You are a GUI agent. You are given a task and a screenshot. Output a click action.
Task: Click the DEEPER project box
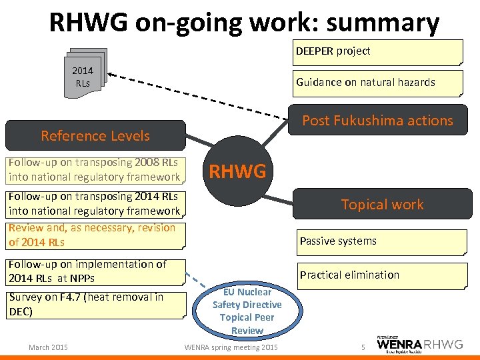click(377, 52)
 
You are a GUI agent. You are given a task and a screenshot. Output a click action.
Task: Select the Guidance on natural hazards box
click(377, 83)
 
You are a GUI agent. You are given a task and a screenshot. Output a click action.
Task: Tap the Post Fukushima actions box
click(377, 121)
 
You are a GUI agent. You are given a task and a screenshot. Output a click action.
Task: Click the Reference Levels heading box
click(95, 136)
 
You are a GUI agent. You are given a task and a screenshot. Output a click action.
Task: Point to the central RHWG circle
click(238, 172)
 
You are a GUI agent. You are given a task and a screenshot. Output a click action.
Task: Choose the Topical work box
click(382, 205)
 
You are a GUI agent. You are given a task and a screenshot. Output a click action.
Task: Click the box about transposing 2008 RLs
click(95, 170)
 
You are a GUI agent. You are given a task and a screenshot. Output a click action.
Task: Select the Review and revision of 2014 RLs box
click(95, 235)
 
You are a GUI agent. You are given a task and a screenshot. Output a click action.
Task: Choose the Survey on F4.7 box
click(95, 304)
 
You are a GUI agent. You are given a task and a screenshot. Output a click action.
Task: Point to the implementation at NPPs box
click(95, 271)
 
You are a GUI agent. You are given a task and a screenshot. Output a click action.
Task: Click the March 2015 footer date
click(48, 347)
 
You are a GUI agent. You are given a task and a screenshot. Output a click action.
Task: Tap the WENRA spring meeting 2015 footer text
click(231, 347)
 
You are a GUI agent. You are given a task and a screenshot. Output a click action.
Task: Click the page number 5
click(363, 347)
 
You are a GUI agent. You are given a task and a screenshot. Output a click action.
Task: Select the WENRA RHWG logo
click(419, 345)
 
